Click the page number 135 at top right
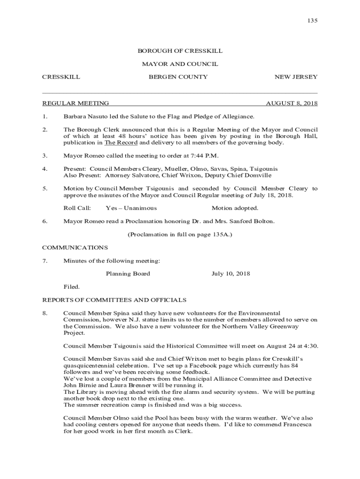click(312, 21)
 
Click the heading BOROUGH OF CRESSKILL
click(180, 51)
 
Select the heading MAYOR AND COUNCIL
click(180, 64)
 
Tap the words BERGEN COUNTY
click(178, 77)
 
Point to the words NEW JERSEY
click(296, 77)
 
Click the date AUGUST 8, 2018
click(292, 103)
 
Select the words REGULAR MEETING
click(76, 103)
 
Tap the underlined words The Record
click(121, 143)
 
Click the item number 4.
click(44, 169)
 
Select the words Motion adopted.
click(235, 208)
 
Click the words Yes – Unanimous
click(131, 208)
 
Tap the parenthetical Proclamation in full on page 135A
click(180, 234)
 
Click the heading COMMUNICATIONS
click(75, 247)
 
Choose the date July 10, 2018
click(230, 274)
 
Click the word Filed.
click(72, 287)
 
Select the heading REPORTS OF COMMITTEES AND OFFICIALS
click(115, 300)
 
